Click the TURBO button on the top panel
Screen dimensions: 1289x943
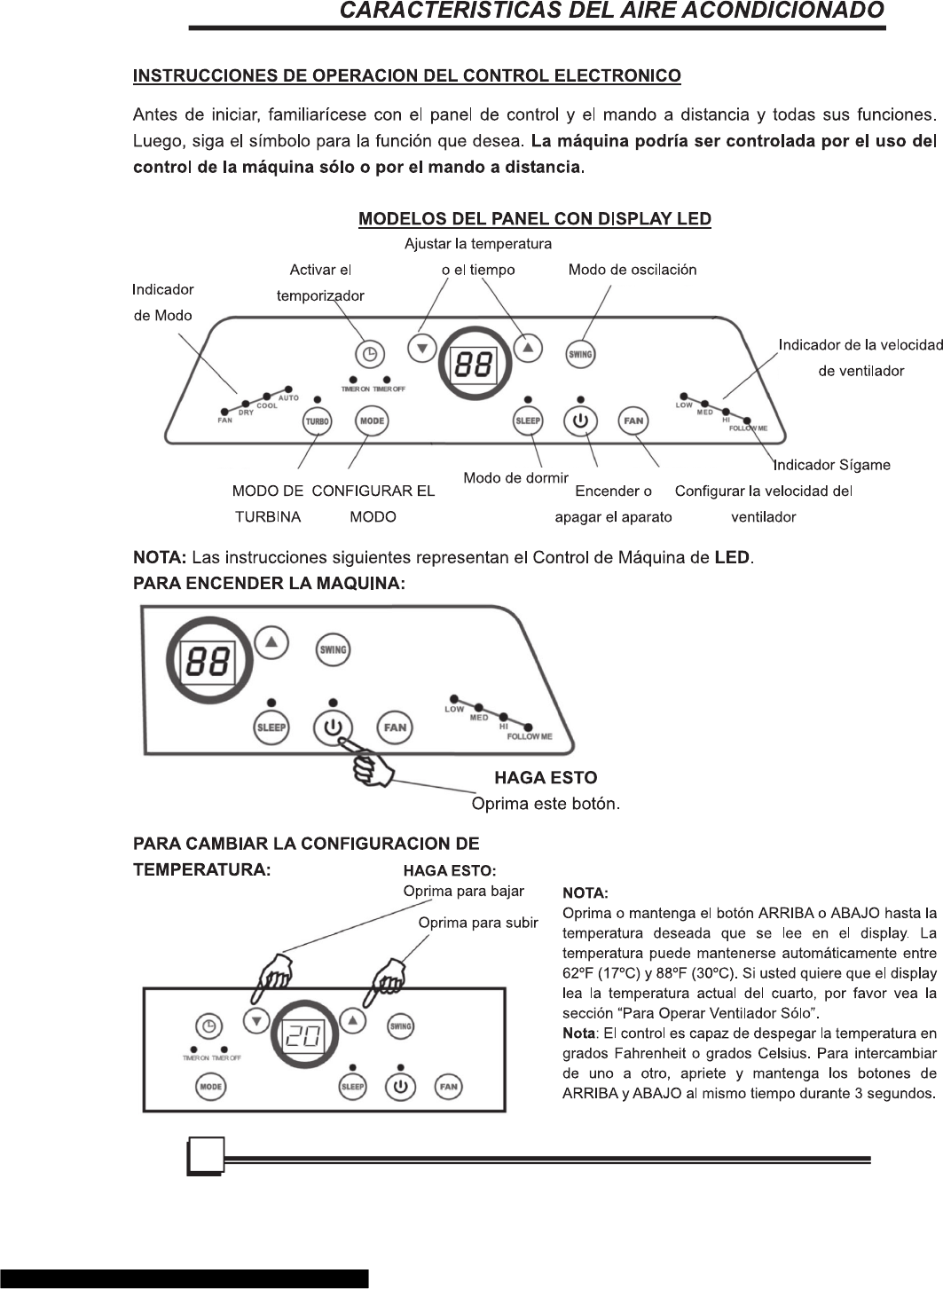317,421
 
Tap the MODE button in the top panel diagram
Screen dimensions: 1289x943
372,420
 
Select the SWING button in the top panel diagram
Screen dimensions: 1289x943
579,354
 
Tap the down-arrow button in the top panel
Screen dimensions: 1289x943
422,348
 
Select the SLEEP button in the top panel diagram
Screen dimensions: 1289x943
528,420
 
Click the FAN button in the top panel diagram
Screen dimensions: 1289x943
633,420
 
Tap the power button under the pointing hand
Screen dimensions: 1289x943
333,727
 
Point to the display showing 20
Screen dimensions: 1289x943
303,1035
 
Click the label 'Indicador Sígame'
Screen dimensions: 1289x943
832,465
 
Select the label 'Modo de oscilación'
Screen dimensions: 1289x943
633,270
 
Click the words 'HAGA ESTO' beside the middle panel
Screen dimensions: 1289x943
546,778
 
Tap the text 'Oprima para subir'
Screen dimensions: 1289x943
478,923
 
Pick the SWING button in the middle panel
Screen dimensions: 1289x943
333,649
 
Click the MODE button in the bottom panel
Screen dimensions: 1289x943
211,1087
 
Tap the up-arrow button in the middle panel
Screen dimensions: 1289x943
271,641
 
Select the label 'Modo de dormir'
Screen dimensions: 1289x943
515,478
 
